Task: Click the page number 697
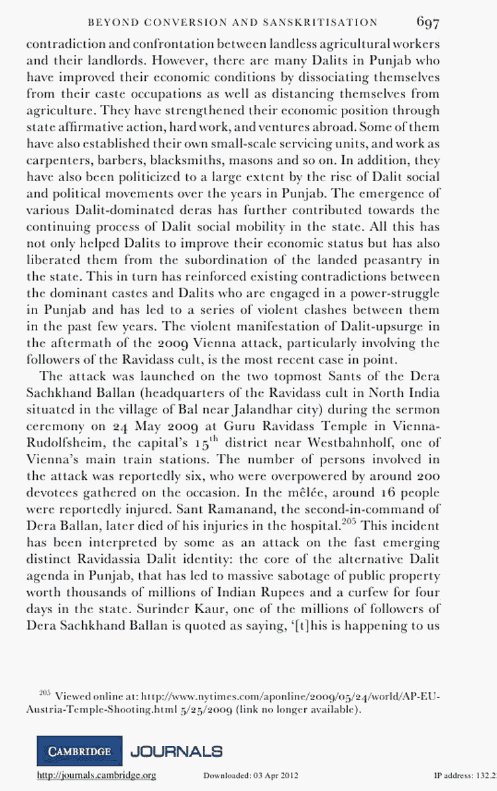428,22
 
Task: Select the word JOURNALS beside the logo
177,751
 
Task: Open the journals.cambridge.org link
97,775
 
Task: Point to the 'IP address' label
454,775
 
